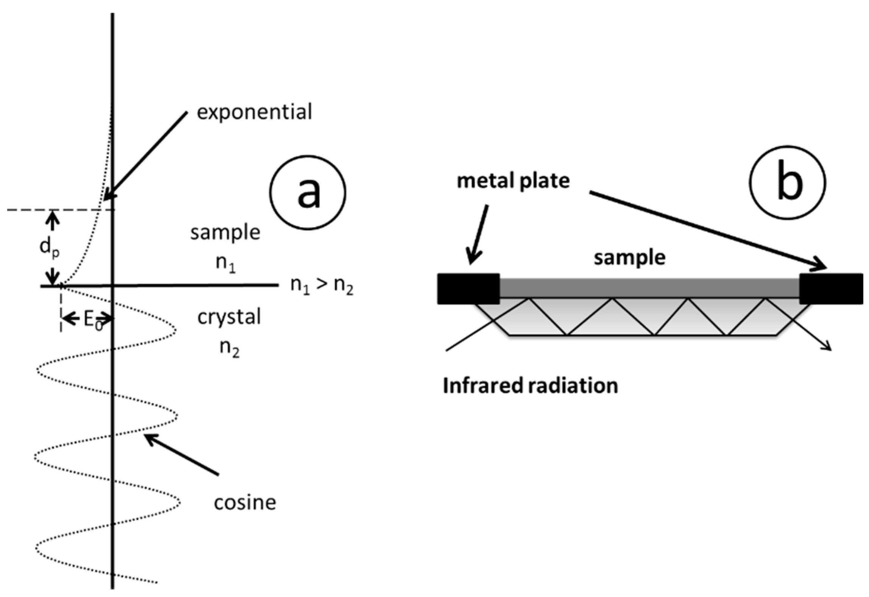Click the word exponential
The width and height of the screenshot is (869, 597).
254,112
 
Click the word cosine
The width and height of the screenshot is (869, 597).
245,503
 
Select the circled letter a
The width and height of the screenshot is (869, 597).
308,192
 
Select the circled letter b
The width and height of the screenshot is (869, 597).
788,182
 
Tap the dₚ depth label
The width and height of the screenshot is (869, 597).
49,248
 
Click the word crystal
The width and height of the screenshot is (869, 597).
229,317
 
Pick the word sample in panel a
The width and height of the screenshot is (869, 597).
225,232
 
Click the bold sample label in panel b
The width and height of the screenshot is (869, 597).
629,258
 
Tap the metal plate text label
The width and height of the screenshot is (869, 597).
513,181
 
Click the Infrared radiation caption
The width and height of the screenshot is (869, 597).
530,386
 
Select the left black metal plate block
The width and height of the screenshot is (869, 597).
468,288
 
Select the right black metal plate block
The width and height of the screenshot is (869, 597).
831,288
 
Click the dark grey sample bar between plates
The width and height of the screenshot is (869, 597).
649,288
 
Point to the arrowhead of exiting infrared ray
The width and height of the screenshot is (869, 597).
827,346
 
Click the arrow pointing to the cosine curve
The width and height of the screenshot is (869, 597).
182,454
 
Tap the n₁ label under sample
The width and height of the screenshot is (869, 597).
225,263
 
